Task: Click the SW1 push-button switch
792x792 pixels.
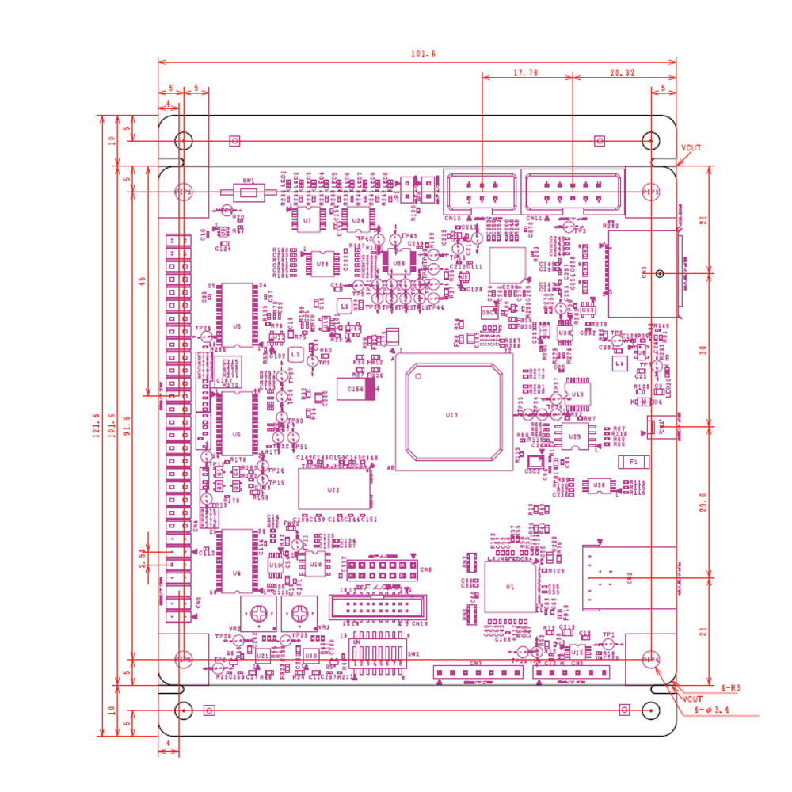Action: pos(249,192)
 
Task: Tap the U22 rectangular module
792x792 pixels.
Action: pos(333,489)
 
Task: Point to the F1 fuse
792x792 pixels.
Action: pos(633,460)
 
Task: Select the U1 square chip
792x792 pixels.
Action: pos(510,587)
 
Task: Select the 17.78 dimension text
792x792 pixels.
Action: pos(525,71)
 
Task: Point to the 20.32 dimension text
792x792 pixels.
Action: pos(623,71)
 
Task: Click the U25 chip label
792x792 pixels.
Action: pos(575,436)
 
